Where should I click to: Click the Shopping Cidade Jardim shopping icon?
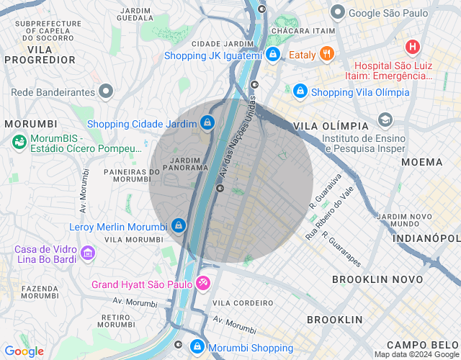[207, 124]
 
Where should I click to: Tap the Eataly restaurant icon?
[327, 54]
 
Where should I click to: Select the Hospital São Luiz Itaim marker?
[412, 48]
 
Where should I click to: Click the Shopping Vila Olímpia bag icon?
[300, 91]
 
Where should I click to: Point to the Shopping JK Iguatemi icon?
[272, 54]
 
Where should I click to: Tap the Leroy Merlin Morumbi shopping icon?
[178, 226]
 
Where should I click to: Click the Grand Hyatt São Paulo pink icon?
[204, 284]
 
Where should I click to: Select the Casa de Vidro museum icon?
[88, 253]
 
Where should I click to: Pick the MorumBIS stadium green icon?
[19, 143]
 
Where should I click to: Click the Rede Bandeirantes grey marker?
[107, 91]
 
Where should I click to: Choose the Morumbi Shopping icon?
[197, 347]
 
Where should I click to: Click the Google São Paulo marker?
[337, 12]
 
